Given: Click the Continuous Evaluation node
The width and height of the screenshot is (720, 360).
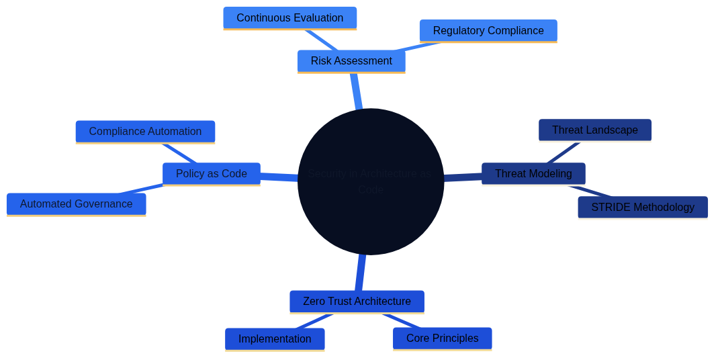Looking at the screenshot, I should click(289, 18).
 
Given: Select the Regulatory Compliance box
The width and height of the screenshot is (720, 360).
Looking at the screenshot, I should click(488, 31).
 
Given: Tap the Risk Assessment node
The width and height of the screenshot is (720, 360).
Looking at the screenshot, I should click(351, 61).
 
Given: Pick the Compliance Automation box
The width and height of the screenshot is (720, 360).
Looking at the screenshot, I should click(145, 132).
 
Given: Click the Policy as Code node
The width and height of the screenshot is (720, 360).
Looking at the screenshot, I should click(211, 174).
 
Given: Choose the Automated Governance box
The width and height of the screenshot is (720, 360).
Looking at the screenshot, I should click(76, 204).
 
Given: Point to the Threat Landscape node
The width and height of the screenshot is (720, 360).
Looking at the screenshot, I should click(594, 130).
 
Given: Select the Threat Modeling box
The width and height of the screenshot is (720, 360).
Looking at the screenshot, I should click(533, 174).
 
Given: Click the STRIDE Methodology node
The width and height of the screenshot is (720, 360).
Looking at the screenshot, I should click(642, 208).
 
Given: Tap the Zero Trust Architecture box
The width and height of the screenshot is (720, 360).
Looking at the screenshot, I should click(357, 302).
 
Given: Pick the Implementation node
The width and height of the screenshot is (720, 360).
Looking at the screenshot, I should click(275, 339).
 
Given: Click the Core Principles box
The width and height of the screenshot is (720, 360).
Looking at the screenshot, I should click(442, 339).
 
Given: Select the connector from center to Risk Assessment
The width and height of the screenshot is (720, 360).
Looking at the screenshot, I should click(356, 91).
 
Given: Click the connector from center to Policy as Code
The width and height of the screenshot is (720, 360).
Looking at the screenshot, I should click(279, 177).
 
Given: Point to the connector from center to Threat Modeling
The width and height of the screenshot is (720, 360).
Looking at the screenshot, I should click(463, 177).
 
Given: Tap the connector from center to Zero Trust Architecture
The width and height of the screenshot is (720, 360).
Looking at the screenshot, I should click(361, 272).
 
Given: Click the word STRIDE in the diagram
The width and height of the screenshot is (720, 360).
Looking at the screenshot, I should click(609, 208).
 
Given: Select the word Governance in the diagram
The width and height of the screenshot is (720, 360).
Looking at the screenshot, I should click(103, 204).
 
